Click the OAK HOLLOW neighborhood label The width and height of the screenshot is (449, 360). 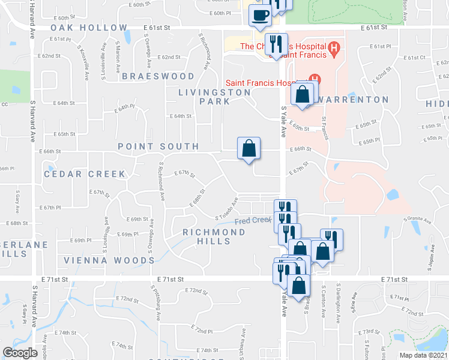(89, 28)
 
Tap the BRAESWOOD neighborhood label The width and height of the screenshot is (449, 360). (158, 76)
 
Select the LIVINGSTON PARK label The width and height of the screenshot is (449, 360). (214, 97)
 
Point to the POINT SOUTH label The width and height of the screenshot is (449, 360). (158, 146)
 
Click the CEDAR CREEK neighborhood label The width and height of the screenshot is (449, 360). (85, 174)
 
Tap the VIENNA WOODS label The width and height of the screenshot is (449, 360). (109, 260)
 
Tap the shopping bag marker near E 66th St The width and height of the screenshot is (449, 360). (249, 148)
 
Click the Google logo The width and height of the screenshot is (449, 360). (20, 352)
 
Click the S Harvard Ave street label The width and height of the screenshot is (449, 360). (32, 120)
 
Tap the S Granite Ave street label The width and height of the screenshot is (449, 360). (418, 220)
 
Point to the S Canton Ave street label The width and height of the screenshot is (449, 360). (322, 300)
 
